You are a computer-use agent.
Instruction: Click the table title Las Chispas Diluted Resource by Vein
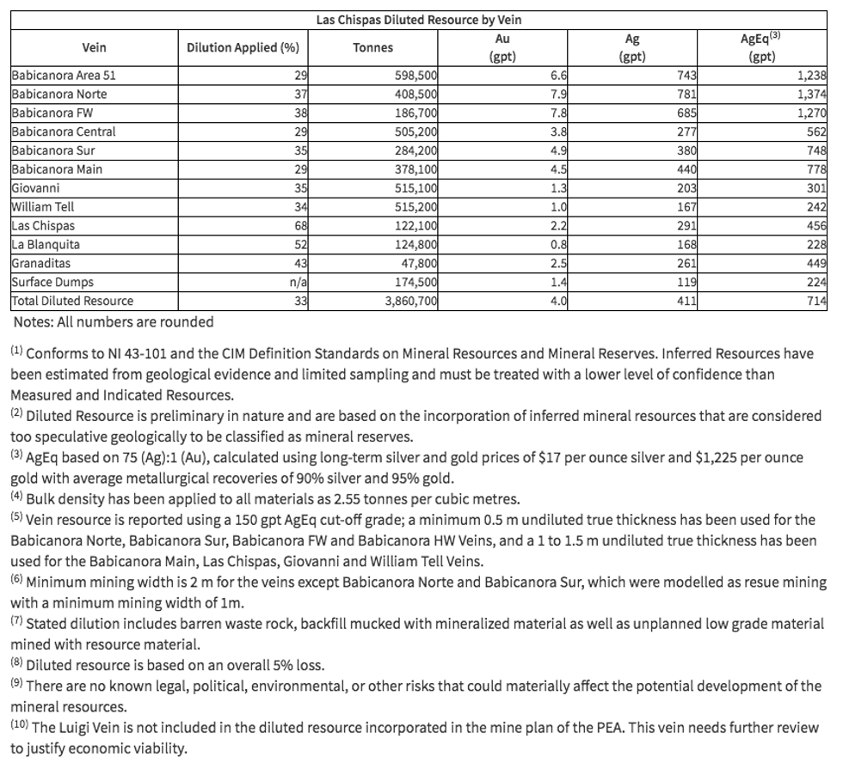point(419,19)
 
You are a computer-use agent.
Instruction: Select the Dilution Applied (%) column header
point(243,48)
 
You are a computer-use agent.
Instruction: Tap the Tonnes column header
point(372,48)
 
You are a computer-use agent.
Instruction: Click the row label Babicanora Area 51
point(64,76)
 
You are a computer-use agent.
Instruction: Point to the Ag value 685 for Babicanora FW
point(685,113)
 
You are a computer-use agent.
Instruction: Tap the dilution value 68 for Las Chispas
point(300,226)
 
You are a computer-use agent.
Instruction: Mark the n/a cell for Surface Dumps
point(298,283)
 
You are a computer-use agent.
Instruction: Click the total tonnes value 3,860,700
point(408,302)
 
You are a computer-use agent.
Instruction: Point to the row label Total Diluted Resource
point(72,302)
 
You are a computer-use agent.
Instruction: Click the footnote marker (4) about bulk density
point(17,496)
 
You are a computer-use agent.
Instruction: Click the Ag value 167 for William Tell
point(685,207)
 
